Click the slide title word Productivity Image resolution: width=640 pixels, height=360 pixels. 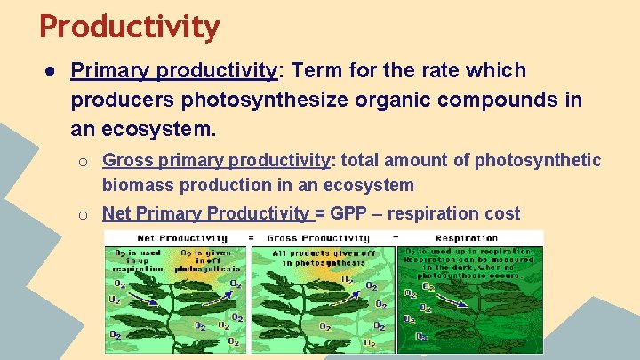[129, 27]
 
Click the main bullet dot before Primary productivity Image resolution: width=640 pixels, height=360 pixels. [52, 71]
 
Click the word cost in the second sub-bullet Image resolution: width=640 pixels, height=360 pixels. [501, 213]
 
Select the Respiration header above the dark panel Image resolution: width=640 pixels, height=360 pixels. [467, 238]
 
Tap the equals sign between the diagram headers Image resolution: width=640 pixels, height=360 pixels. [250, 238]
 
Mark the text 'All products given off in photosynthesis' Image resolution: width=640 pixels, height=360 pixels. [321, 257]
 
